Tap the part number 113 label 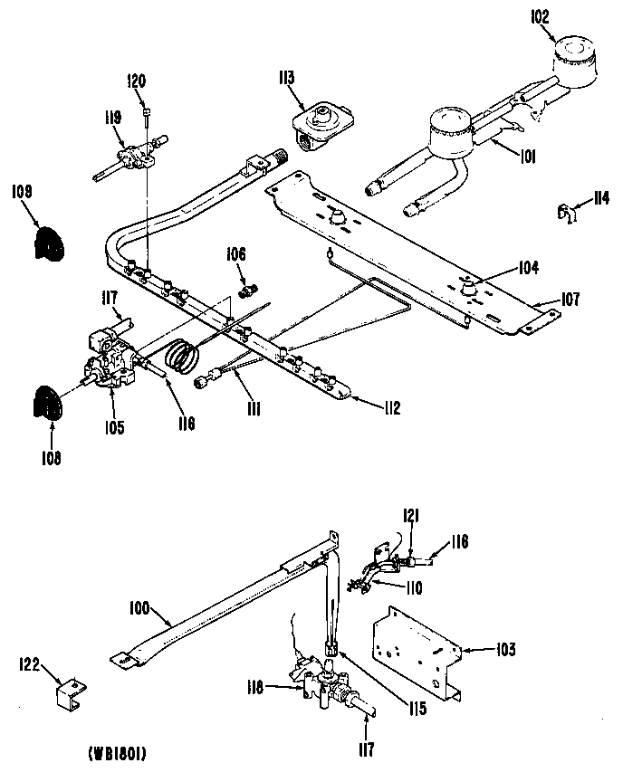coord(286,79)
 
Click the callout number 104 coord(529,267)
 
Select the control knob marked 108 coord(48,402)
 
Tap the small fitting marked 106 coord(247,290)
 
